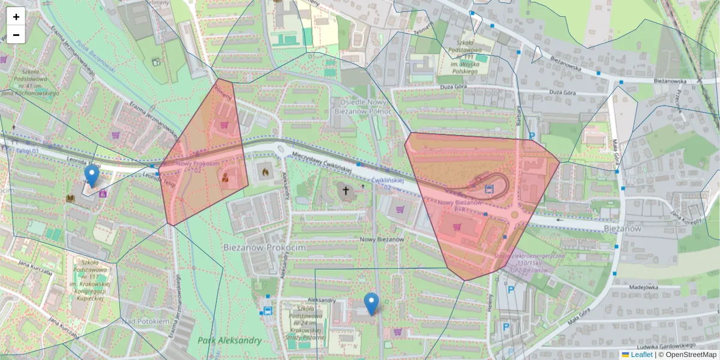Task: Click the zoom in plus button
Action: (16, 17)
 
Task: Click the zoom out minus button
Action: (16, 35)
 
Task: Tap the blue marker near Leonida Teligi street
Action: (91, 176)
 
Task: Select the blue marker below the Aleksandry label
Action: (372, 304)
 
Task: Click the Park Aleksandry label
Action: (229, 341)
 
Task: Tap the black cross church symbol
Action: (345, 191)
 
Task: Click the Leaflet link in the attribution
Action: (641, 355)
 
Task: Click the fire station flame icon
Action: (263, 171)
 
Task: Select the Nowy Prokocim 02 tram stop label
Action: (198, 166)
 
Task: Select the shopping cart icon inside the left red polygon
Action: (224, 125)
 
